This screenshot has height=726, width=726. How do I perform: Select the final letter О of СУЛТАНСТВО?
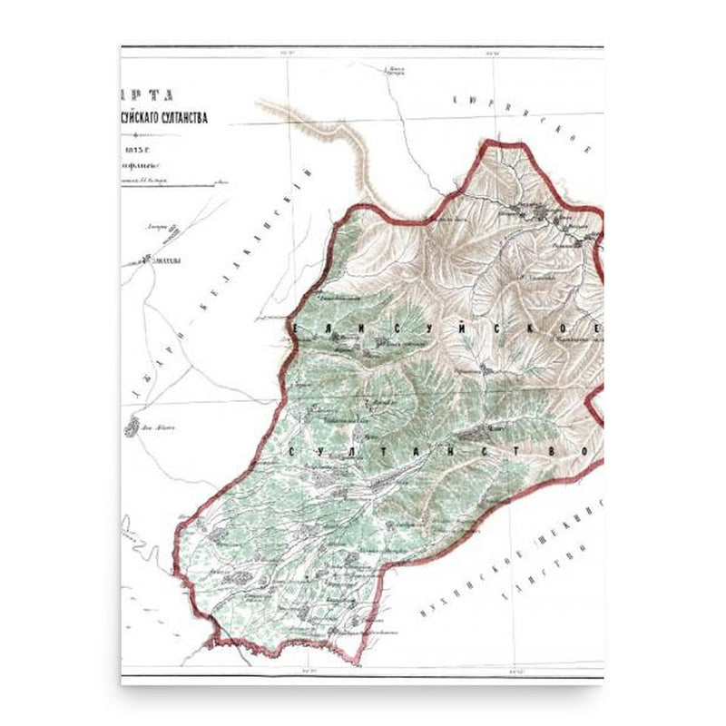click(586, 450)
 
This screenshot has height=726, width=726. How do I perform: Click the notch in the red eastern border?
click(594, 399)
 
